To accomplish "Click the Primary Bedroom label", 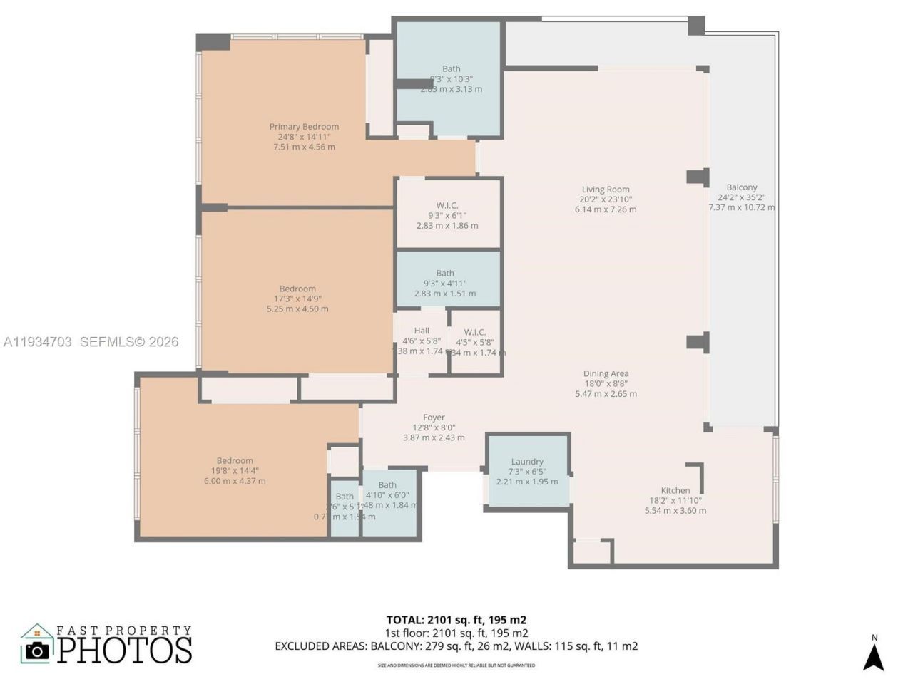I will click(x=304, y=127).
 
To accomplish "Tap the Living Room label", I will click(x=606, y=190).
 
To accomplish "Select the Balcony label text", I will click(x=742, y=187).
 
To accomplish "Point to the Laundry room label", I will click(x=527, y=462).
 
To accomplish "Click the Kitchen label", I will click(x=675, y=490).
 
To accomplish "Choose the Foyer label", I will click(x=434, y=418).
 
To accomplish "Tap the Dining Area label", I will click(x=606, y=373).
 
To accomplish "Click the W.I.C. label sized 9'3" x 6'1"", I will click(x=447, y=205).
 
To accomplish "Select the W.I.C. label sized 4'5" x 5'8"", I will click(x=475, y=332).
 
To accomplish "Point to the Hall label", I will click(x=422, y=331).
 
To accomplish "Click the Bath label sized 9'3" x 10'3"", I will click(x=451, y=69).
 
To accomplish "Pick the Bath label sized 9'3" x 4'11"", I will click(x=445, y=273).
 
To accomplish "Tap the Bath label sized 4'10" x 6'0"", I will click(x=387, y=485).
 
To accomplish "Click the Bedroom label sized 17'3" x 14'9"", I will click(x=297, y=289).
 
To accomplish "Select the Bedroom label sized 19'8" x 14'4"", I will click(x=235, y=460).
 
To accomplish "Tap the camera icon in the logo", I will click(x=37, y=649).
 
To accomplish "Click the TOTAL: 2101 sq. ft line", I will click(x=456, y=620).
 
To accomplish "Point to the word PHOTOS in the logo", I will click(x=125, y=650).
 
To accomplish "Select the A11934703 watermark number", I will click(x=38, y=342).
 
